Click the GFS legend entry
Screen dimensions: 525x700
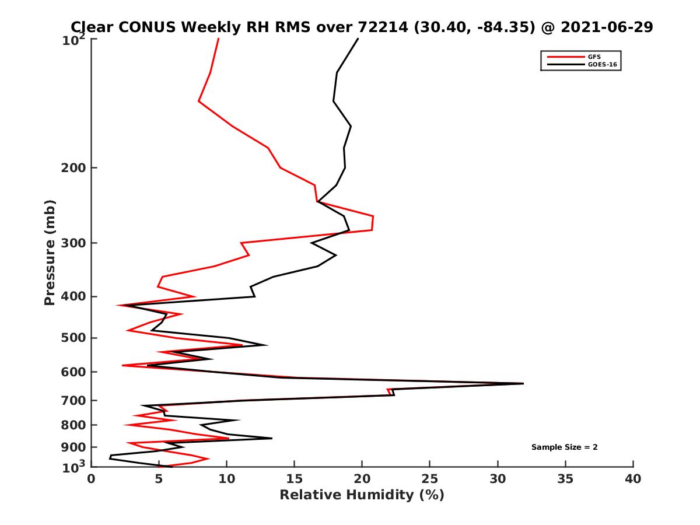click(594, 57)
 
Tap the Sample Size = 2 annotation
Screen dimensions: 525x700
click(564, 447)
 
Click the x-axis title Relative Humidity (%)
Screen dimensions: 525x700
click(362, 495)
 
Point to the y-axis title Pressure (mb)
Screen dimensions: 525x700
click(50, 253)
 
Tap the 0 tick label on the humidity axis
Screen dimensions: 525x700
click(92, 479)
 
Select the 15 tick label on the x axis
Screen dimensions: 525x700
click(295, 479)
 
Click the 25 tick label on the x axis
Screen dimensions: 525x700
click(430, 479)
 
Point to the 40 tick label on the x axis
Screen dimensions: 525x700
click(633, 479)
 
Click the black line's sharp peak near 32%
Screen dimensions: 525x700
click(523, 383)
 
